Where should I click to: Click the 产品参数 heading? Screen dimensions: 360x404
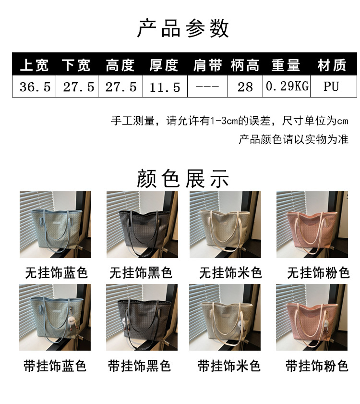point(183,28)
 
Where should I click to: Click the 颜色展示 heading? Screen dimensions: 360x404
point(183,179)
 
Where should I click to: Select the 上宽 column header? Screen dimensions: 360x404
point(34,65)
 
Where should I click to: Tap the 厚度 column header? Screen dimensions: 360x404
point(164,65)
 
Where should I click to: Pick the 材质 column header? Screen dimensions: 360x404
point(332,65)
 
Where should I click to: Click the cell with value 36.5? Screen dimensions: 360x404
point(35,87)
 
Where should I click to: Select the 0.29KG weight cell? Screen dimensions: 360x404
point(287,86)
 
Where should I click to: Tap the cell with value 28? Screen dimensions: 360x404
point(245,87)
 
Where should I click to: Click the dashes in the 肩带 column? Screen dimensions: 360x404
point(207,86)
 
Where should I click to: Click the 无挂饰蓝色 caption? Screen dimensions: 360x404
point(56,272)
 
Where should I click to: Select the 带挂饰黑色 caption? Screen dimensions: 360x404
point(139,366)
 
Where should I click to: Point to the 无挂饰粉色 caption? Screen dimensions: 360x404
point(318,272)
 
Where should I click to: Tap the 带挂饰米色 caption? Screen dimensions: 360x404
point(229,366)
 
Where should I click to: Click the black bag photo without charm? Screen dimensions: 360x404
point(142,224)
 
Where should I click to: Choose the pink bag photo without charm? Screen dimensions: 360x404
point(312,224)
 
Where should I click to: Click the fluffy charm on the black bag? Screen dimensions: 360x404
point(126,324)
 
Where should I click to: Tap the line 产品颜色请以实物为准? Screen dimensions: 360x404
point(293,139)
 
